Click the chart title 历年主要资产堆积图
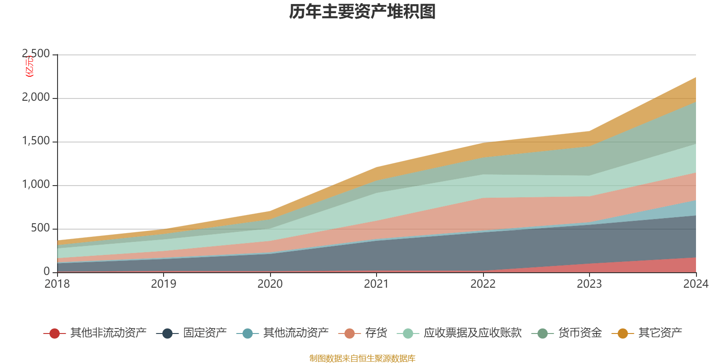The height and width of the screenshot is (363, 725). [x=362, y=12]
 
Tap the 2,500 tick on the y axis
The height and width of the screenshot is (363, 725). [x=36, y=54]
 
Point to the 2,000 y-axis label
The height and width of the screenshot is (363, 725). [x=36, y=98]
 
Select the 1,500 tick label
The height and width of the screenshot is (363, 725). [x=36, y=141]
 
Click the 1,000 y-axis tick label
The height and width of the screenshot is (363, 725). [x=36, y=185]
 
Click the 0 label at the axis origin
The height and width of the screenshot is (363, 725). [x=47, y=271]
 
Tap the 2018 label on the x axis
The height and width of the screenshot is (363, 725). [x=57, y=284]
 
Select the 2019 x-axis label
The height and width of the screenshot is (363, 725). [x=164, y=284]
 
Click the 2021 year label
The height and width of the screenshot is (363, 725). [x=377, y=284]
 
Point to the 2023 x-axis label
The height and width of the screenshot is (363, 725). [x=589, y=284]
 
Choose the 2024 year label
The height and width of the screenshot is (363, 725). [x=696, y=284]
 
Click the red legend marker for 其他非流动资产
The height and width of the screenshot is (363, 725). [x=54, y=334]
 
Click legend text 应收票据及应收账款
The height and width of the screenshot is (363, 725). [x=472, y=333]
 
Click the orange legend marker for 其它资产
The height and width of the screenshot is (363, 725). [x=623, y=334]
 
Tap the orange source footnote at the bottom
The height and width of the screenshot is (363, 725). [x=362, y=358]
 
